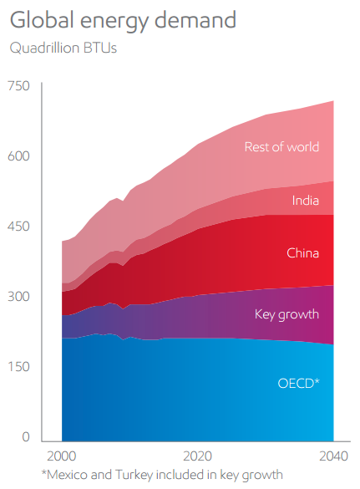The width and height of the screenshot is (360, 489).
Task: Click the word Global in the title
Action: point(43,20)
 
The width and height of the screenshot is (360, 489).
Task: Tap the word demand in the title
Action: point(195,20)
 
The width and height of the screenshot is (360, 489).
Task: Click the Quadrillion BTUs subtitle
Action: point(63,48)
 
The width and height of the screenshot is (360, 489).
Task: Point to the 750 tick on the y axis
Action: point(18,86)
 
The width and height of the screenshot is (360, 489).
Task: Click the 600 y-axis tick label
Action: point(18,156)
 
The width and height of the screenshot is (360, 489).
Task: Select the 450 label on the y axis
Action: point(18,226)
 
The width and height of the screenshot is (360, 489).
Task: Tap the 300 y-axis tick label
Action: point(18,296)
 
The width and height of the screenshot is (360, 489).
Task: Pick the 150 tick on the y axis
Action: point(19,366)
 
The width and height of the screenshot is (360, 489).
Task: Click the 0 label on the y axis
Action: point(26,437)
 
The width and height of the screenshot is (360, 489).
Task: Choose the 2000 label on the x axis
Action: point(62,456)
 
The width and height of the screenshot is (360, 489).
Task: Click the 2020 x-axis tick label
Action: point(197,456)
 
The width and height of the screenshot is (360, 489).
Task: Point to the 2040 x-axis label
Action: point(333,456)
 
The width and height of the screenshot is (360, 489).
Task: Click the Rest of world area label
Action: point(281,147)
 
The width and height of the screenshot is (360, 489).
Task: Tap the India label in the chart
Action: point(306,201)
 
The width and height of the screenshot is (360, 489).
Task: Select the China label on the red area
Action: point(303,253)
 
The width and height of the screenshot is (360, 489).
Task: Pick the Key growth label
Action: point(286,314)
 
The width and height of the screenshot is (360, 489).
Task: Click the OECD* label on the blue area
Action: point(298,384)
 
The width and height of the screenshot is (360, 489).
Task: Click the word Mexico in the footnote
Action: point(68,475)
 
